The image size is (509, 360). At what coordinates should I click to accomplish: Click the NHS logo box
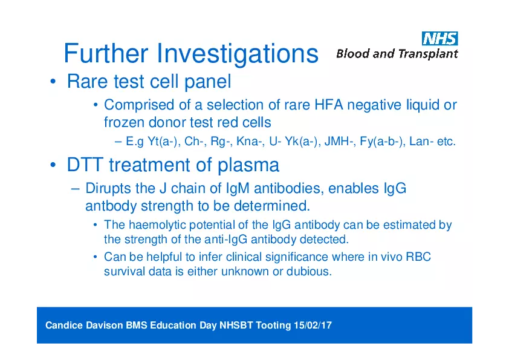click(x=440, y=38)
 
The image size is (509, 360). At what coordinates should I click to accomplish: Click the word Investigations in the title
click(x=238, y=54)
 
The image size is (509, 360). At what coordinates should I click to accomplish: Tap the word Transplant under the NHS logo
click(x=428, y=54)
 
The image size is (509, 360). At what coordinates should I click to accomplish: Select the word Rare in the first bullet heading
click(x=87, y=81)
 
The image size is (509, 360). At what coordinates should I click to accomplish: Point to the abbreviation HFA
click(x=329, y=105)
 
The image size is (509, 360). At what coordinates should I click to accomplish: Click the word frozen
click(x=124, y=122)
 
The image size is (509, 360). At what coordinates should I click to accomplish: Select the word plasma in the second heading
click(x=248, y=165)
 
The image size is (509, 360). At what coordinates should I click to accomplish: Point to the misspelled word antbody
click(x=111, y=206)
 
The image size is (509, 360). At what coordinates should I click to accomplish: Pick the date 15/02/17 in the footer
click(x=313, y=326)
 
